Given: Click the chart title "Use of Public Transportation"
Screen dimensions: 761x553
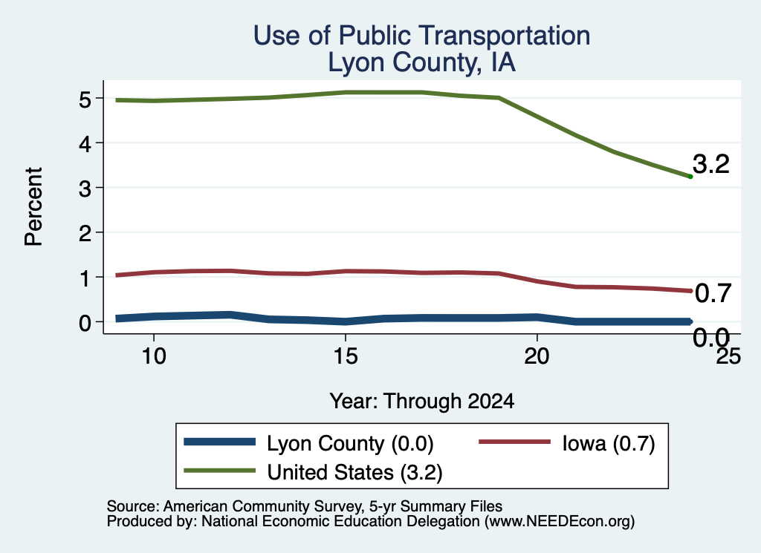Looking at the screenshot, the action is coord(422,36).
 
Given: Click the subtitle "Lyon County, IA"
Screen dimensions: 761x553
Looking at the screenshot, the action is coord(422,62).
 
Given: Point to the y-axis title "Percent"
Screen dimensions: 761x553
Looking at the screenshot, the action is coord(34,206).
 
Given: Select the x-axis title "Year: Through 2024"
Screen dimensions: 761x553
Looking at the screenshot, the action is coord(422,402).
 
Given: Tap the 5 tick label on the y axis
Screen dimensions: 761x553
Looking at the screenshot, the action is coord(85,99).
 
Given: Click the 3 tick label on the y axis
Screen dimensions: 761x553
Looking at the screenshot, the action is coord(85,189).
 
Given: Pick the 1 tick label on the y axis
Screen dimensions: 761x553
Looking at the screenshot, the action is coord(85,278).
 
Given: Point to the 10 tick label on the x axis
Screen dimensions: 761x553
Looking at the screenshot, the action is coord(154,357).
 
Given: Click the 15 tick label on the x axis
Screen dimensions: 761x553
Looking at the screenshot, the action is coord(346,357).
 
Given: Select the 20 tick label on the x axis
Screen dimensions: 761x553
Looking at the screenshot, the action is coord(537,357).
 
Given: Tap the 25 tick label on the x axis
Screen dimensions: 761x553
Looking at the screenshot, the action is coord(728,357).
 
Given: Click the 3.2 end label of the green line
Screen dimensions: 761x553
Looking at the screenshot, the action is coord(711,164).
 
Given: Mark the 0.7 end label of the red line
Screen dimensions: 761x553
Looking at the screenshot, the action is coord(713,293).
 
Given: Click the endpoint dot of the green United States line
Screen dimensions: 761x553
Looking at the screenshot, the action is coord(690,177).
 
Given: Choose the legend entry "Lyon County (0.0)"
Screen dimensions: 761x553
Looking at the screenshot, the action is coord(308,443).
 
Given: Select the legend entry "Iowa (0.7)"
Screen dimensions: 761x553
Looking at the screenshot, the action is coord(567,443).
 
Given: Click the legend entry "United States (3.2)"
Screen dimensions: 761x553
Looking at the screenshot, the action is coord(313,472).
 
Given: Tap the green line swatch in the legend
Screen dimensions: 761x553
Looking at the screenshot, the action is coord(219,471).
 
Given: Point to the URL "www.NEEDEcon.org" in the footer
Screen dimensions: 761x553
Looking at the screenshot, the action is coord(560,521).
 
